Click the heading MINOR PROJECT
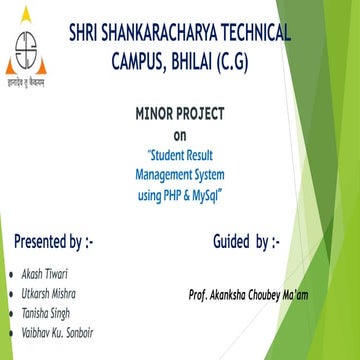pos(180,115)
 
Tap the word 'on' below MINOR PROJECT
pos(180,135)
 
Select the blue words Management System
pos(180,173)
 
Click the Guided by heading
pos(246,242)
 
